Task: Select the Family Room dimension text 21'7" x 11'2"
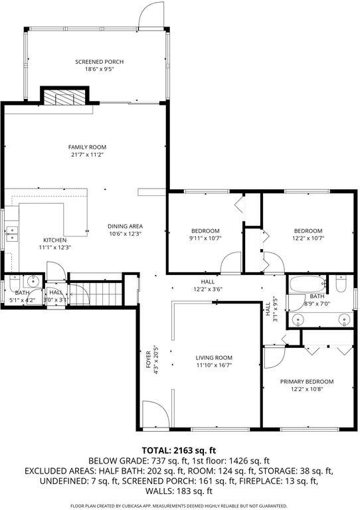87,154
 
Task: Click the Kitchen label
55,240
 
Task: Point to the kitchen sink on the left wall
11,233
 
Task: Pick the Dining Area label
125,226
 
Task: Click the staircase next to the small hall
97,292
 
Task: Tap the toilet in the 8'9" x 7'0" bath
342,284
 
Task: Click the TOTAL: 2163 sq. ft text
179,450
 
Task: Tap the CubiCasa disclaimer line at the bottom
179,505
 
